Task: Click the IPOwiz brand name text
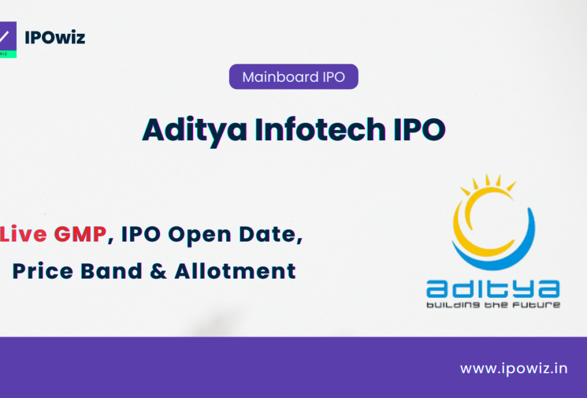[x=54, y=38]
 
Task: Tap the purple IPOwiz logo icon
[x=8, y=40]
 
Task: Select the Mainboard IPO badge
[x=293, y=77]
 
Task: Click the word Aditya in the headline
[x=195, y=131]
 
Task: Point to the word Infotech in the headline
[x=320, y=130]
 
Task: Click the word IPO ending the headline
[x=419, y=130]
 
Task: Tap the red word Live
[x=23, y=234]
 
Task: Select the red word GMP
[x=80, y=234]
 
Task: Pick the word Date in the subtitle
[x=270, y=234]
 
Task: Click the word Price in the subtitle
[x=43, y=271]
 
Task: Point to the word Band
[x=112, y=271]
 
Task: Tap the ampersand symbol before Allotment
[x=158, y=271]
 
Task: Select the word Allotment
[x=235, y=271]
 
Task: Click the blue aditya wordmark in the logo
[x=493, y=289]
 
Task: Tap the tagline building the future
[x=493, y=305]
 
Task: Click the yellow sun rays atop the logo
[x=488, y=183]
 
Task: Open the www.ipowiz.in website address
[x=514, y=369]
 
